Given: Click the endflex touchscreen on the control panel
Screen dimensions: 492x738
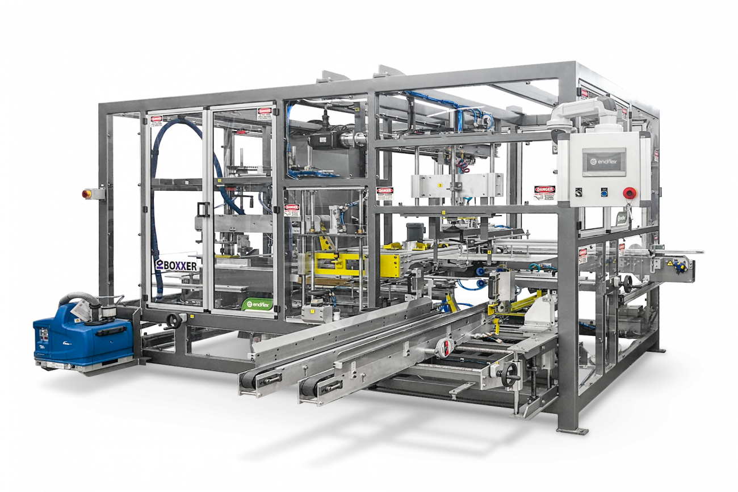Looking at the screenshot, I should click(603, 162).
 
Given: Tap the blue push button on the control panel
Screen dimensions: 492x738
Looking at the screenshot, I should click(603, 192).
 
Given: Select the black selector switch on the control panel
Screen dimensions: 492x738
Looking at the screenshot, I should click(578, 192).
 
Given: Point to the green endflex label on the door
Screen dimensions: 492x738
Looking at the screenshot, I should click(258, 305).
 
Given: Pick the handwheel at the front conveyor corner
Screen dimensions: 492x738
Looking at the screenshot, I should click(510, 374).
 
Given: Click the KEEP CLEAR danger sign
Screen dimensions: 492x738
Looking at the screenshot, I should click(384, 194).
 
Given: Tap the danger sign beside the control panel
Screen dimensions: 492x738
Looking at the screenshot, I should click(544, 193).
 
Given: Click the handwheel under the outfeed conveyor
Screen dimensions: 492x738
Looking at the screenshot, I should click(627, 282).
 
